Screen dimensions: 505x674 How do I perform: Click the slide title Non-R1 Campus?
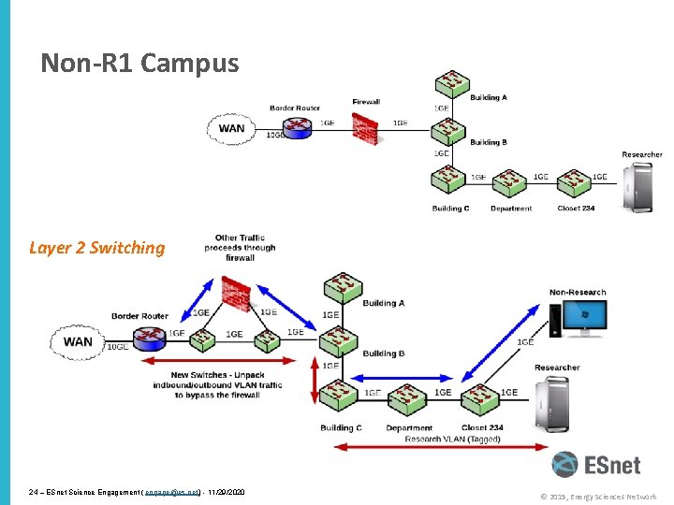(139, 64)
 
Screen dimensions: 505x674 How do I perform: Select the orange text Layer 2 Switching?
(96, 248)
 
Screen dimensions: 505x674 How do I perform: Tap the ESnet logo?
(603, 466)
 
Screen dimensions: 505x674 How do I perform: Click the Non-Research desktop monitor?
(578, 318)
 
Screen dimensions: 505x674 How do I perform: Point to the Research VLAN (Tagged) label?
(452, 440)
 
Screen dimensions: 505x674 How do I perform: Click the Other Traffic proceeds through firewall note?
(240, 248)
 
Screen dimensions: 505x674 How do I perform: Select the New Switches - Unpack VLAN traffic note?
(217, 385)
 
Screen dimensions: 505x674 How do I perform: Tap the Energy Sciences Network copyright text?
(599, 497)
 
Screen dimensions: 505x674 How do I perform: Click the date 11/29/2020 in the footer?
(225, 492)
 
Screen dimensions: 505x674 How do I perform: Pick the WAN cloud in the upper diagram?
(231, 129)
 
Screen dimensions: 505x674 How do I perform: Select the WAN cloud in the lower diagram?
(78, 341)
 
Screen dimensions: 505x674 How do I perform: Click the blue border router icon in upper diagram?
(295, 127)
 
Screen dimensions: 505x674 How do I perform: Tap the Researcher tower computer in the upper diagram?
(639, 187)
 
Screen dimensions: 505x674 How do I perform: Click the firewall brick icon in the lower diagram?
(236, 294)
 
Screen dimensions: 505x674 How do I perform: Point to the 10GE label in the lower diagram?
(118, 347)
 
